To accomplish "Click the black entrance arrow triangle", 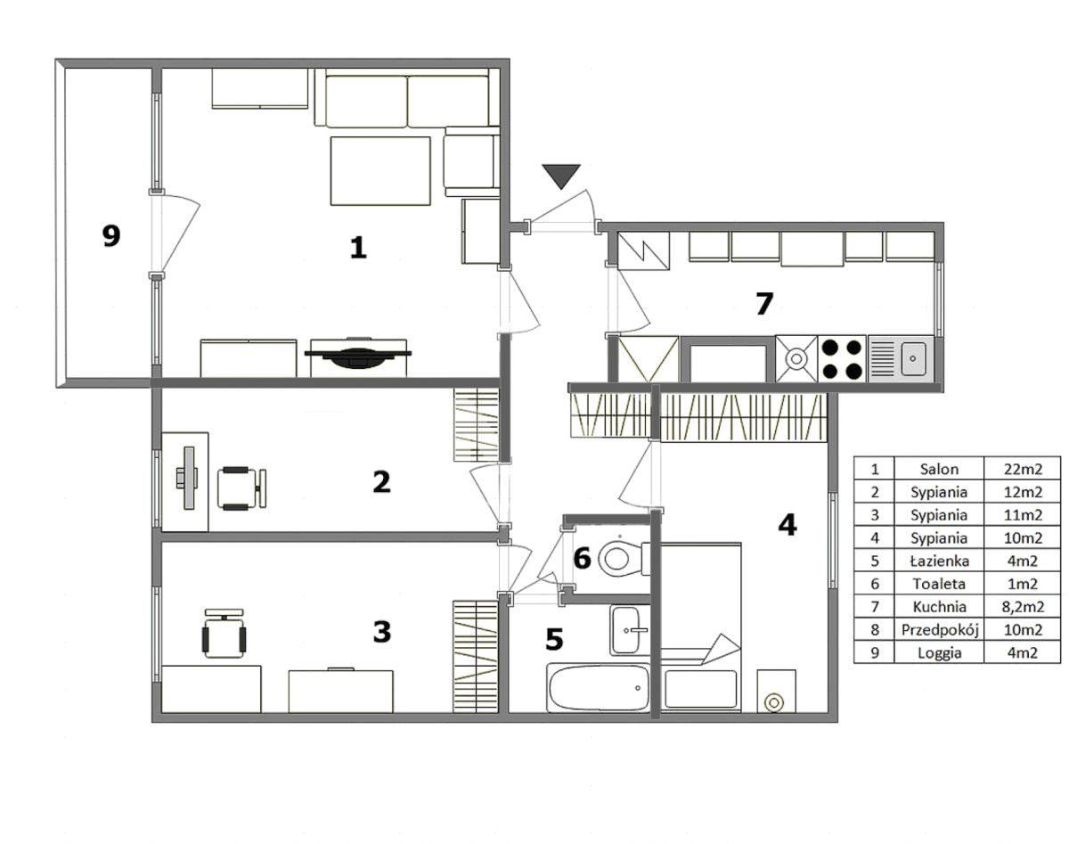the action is coord(561,175).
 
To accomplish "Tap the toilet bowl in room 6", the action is coord(623,559).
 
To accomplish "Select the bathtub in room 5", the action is coord(598,688).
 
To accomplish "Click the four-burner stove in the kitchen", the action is coord(842,359).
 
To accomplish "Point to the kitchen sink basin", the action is coord(913,359).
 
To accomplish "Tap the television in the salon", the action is coord(357,354).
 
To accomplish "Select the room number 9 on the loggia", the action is coord(111,235).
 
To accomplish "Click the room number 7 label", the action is coord(764,304).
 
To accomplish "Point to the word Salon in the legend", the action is coord(939,469).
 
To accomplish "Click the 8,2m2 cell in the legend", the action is coord(1023,607).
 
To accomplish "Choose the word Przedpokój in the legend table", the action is coord(940,630).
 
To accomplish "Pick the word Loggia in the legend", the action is coord(939,653).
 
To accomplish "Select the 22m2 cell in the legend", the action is coord(1023,469).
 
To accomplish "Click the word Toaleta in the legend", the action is coord(939,584).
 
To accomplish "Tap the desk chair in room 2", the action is coord(241,488).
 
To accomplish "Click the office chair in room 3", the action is coord(224,634).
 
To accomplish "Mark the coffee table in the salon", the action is coord(380,171).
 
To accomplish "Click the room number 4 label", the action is coord(787,525).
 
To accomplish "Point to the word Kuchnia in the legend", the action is coord(939,607).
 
